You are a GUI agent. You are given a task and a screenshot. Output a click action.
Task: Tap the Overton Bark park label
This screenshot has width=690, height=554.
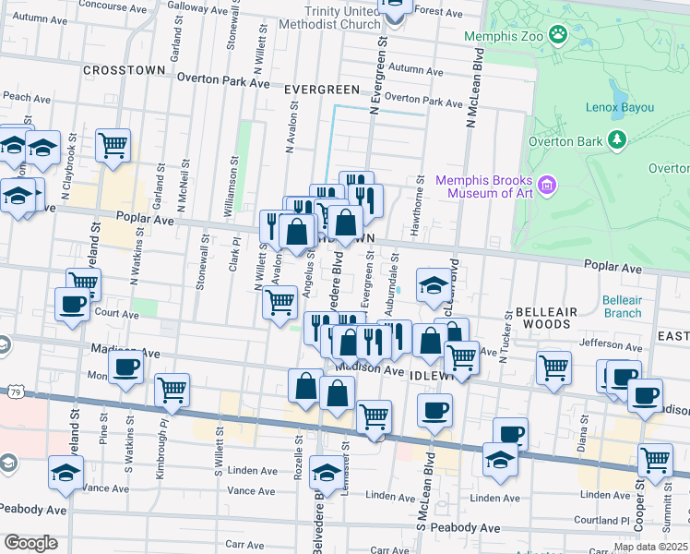tap(565, 142)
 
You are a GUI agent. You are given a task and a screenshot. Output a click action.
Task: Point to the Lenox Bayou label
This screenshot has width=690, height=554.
tap(619, 107)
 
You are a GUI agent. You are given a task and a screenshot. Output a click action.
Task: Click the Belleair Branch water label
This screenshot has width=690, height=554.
tap(621, 307)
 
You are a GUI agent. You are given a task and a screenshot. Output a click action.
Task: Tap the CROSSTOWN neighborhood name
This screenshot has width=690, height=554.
tap(124, 69)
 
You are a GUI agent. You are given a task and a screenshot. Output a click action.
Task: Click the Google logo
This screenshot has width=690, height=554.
tap(30, 543)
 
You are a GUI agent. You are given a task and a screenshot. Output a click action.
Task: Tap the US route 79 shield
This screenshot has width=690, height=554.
tap(16, 392)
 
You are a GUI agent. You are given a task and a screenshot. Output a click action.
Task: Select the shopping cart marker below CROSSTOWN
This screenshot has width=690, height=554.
tap(113, 145)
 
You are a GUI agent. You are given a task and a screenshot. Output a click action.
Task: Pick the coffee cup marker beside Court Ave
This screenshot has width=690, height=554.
tap(72, 304)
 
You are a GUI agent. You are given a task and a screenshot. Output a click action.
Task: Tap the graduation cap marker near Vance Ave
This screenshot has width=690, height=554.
tap(65, 471)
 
